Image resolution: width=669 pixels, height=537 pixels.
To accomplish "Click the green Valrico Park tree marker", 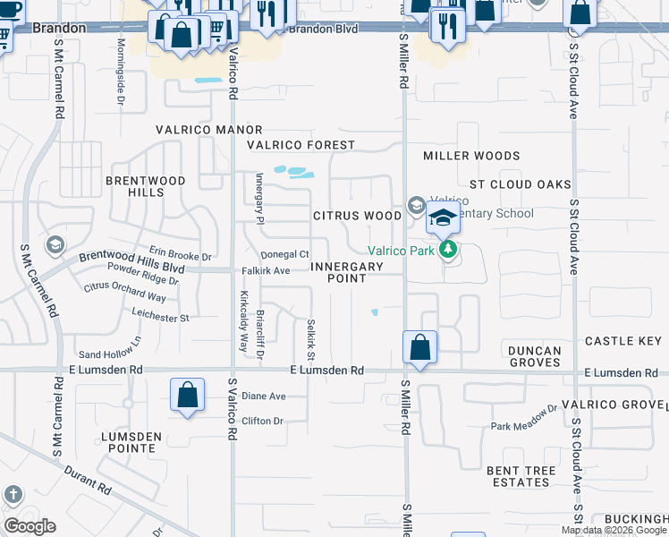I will (450, 250).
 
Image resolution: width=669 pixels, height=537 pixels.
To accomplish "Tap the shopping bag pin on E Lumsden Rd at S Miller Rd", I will (419, 346).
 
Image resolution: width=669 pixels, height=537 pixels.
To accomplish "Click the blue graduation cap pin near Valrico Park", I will (443, 217).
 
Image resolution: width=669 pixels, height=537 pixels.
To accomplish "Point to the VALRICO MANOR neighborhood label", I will (208, 130).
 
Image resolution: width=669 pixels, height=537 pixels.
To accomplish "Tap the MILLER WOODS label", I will (471, 156).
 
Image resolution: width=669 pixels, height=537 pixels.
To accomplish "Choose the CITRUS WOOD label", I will (357, 216).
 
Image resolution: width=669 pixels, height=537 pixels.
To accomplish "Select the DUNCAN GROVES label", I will (535, 356).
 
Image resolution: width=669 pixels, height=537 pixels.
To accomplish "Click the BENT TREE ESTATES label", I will (521, 476).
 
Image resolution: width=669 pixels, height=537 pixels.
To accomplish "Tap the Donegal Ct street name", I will (284, 255).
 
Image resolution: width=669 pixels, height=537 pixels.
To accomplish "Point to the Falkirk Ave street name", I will (266, 270).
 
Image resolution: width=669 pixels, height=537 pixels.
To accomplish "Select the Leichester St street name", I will (160, 318).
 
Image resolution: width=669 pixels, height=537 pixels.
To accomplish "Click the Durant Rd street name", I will (92, 480).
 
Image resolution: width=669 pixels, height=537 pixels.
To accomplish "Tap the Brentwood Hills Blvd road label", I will (131, 261).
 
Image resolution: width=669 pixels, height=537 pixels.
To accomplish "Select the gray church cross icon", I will (13, 494).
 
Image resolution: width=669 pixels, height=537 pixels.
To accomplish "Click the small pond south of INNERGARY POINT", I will (375, 312).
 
